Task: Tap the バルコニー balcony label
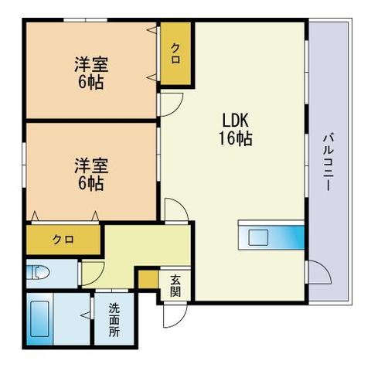point(328,163)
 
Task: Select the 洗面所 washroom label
point(114,317)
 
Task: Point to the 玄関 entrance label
point(175,286)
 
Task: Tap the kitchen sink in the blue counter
point(257,237)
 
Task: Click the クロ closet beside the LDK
point(176,53)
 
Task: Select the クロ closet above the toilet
point(63,239)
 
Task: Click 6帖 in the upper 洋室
point(90,82)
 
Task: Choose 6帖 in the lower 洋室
point(90,185)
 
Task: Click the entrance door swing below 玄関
point(175,314)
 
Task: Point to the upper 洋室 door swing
point(172,103)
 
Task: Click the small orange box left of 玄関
point(148,278)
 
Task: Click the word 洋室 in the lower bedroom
point(90,166)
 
